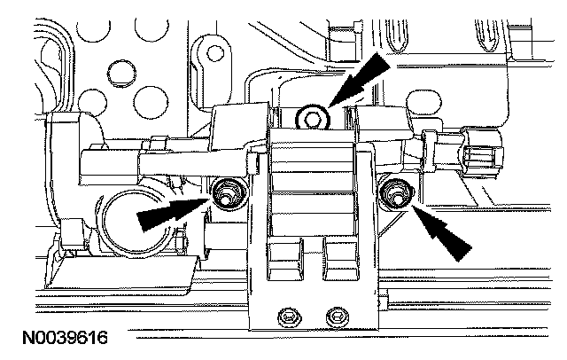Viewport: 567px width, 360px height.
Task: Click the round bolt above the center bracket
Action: tap(311, 115)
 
